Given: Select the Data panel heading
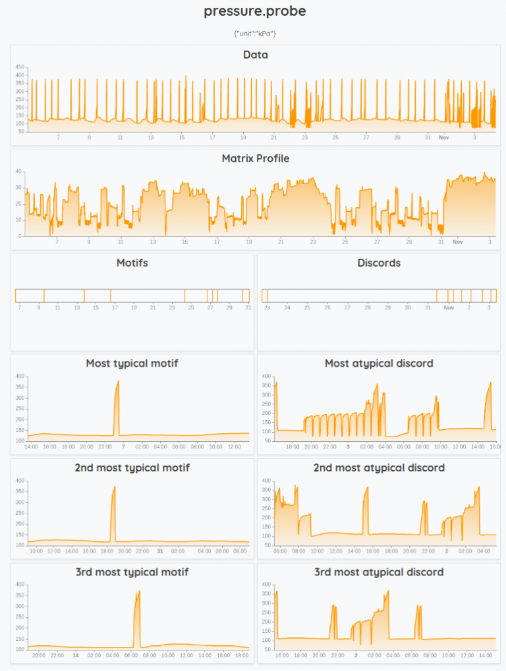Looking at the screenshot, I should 255,55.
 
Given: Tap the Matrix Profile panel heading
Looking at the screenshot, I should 255,159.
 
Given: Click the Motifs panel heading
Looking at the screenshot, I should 132,263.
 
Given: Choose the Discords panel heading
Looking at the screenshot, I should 378,263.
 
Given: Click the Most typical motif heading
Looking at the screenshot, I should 132,363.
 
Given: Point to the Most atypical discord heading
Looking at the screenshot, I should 378,363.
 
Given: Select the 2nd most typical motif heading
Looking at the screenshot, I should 132,468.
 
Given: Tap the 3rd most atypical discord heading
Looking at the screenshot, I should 378,572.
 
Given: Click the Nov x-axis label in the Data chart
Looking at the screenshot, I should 444,137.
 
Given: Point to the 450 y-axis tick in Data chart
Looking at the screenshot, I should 20,67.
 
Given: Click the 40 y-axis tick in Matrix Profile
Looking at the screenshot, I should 20,171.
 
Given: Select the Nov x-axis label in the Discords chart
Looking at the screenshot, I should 449,308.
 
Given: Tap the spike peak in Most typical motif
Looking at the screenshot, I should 118,381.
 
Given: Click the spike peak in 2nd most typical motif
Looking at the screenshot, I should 114,487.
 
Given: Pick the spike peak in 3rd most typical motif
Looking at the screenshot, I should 139,591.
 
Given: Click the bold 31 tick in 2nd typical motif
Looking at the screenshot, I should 160,550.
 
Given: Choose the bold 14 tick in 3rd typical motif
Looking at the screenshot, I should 76,655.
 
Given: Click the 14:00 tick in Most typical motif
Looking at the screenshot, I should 31,446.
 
